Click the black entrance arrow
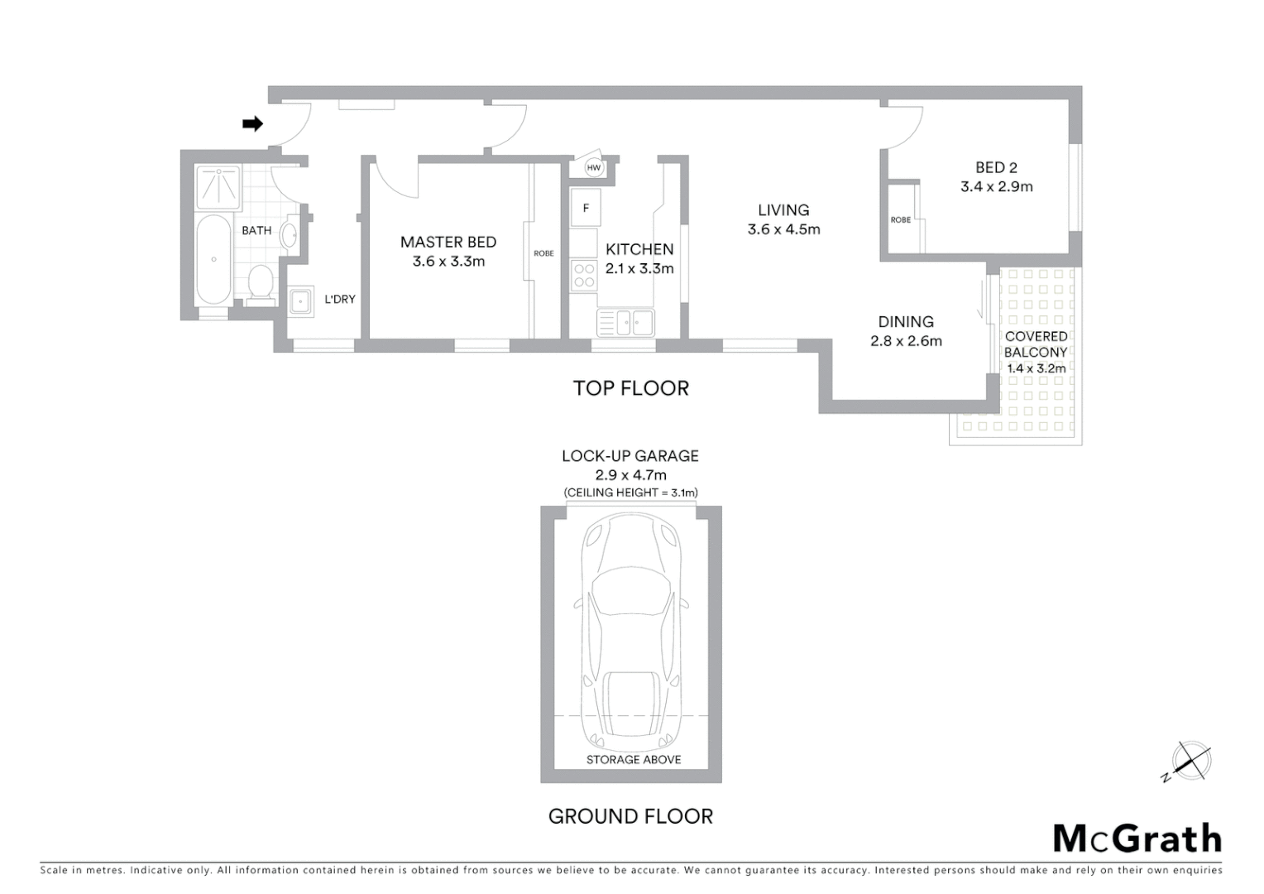click(x=252, y=124)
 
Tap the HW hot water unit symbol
click(x=593, y=168)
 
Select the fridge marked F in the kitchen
click(x=586, y=208)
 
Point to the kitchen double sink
click(x=625, y=322)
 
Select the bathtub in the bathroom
click(x=214, y=260)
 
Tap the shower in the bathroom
click(x=218, y=187)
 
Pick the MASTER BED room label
click(x=448, y=243)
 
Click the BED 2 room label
click(x=996, y=168)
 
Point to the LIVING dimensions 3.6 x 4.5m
click(x=783, y=230)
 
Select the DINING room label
click(x=906, y=322)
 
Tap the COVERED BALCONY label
click(x=1036, y=344)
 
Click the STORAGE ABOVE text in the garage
click(x=634, y=760)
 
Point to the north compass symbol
click(x=1191, y=761)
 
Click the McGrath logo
click(x=1137, y=839)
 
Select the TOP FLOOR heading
click(x=631, y=388)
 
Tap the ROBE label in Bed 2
click(x=901, y=220)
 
